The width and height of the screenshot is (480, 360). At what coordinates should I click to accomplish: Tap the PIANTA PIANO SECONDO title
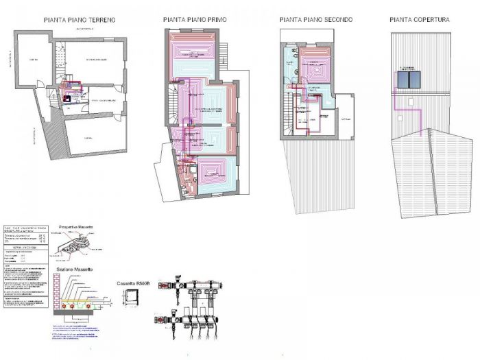click(316, 21)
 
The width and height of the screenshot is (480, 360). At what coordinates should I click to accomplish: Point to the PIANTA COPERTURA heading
click(420, 21)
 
